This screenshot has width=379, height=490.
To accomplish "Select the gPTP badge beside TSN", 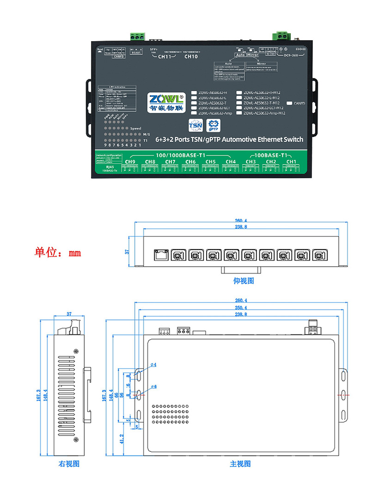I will (214, 125).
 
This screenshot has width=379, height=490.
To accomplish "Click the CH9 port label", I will (130, 161).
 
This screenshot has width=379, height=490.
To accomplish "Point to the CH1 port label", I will (291, 161).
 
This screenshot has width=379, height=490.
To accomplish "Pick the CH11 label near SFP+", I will (165, 57).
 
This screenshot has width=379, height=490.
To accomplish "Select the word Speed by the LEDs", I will (135, 128).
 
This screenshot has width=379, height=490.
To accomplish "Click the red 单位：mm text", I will (58, 253).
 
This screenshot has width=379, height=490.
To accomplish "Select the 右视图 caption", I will (69, 463).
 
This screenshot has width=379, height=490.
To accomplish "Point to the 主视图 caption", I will (240, 463).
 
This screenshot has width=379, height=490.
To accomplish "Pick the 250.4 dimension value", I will (241, 308).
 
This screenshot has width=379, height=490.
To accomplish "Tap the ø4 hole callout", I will (153, 365).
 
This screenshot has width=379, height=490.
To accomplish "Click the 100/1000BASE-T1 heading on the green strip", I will (181, 155).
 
